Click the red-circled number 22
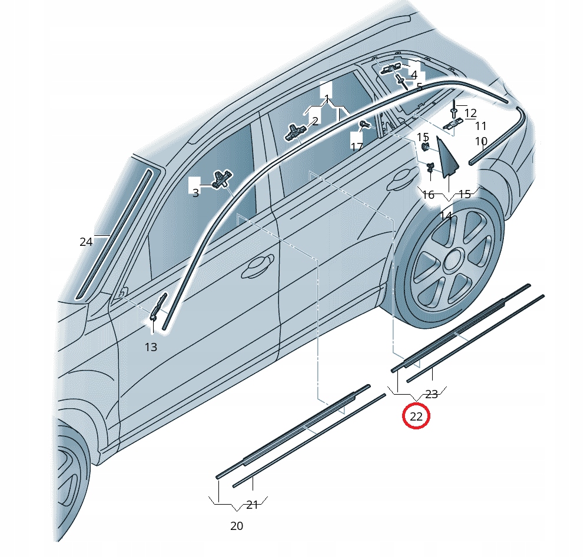(416, 416)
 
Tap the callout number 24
(86, 242)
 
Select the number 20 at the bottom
(237, 526)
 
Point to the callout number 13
(151, 347)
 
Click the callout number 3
(196, 193)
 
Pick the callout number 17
(357, 146)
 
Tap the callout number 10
(481, 141)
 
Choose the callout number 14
(446, 216)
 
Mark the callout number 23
(432, 395)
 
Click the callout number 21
(252, 505)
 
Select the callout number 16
(429, 195)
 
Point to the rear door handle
(401, 181)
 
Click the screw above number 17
(363, 125)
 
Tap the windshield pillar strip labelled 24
(114, 235)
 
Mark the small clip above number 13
(158, 306)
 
